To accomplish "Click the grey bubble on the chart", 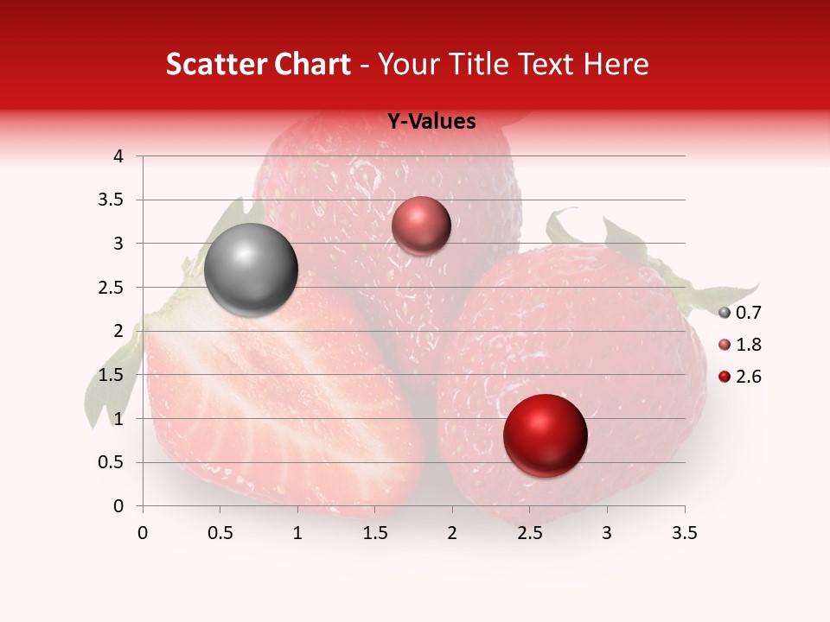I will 251,270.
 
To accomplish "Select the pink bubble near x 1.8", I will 421,226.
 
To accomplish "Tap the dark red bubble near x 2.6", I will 545,435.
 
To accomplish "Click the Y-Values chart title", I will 431,122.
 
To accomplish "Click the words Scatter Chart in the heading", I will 258,64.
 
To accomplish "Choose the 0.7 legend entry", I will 739,313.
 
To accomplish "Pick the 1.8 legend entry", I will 739,345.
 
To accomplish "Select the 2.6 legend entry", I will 739,377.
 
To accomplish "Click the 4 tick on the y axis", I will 118,156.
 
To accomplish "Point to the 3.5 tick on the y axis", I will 112,200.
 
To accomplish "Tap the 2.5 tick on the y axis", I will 112,288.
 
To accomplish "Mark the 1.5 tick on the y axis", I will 112,375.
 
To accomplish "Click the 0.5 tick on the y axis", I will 112,462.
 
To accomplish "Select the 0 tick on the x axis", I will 143,533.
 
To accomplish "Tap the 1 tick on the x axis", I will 297,533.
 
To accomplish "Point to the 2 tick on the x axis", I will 452,533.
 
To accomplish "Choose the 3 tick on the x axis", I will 607,533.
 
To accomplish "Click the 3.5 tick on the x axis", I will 685,533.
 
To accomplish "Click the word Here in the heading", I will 616,64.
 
